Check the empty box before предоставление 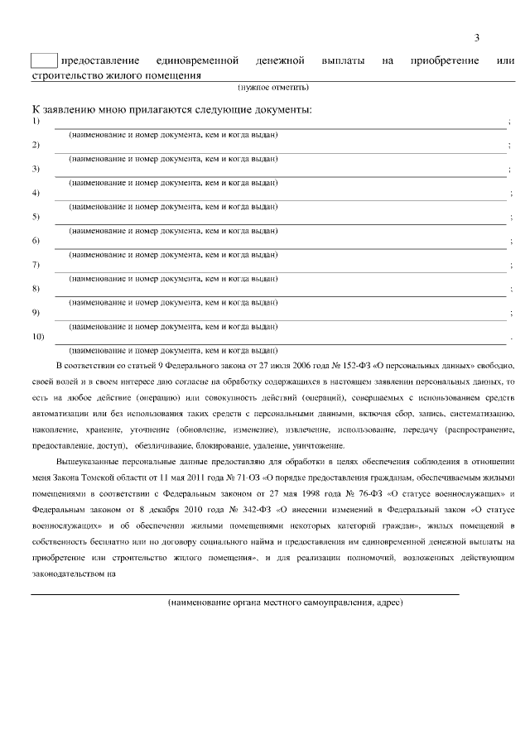coord(44,60)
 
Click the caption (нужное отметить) coord(273,86)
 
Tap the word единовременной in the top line coord(197,61)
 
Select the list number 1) coord(36,122)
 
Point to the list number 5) coord(36,218)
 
